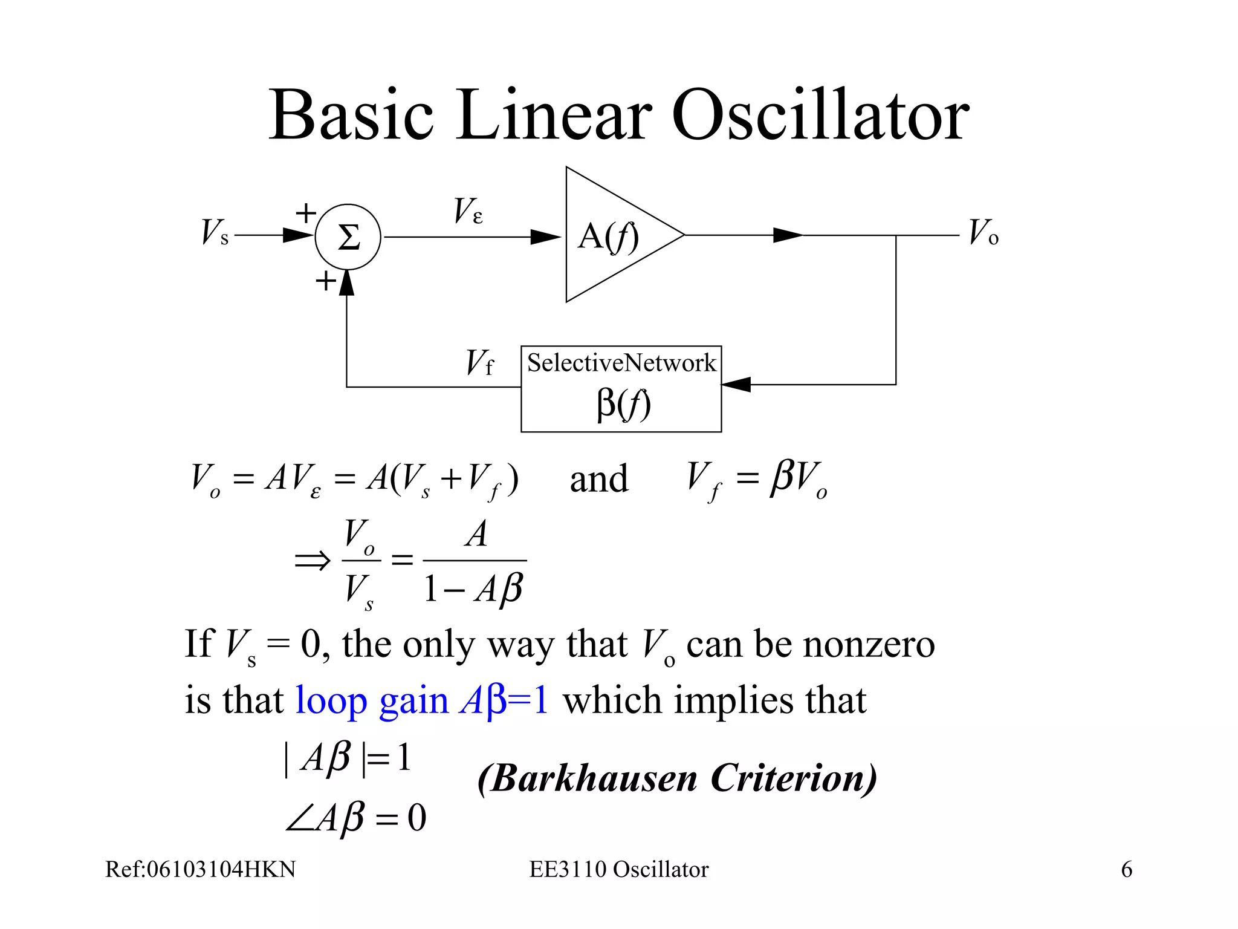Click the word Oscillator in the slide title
[x=820, y=115]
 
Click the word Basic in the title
[x=351, y=115]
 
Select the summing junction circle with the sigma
[x=348, y=237]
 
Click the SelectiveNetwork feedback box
[x=621, y=388]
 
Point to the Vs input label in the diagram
[x=215, y=232]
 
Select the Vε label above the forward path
[x=468, y=211]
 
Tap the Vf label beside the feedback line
[x=479, y=363]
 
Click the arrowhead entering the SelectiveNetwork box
[x=736, y=384]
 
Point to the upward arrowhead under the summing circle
[x=346, y=282]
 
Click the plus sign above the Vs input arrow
[x=306, y=213]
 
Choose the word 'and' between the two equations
[x=598, y=479]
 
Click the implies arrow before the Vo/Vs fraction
[x=312, y=561]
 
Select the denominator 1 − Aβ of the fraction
[x=473, y=588]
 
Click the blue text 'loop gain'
[x=371, y=702]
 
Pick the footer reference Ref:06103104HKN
[x=201, y=869]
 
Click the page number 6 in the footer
[x=1126, y=869]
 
